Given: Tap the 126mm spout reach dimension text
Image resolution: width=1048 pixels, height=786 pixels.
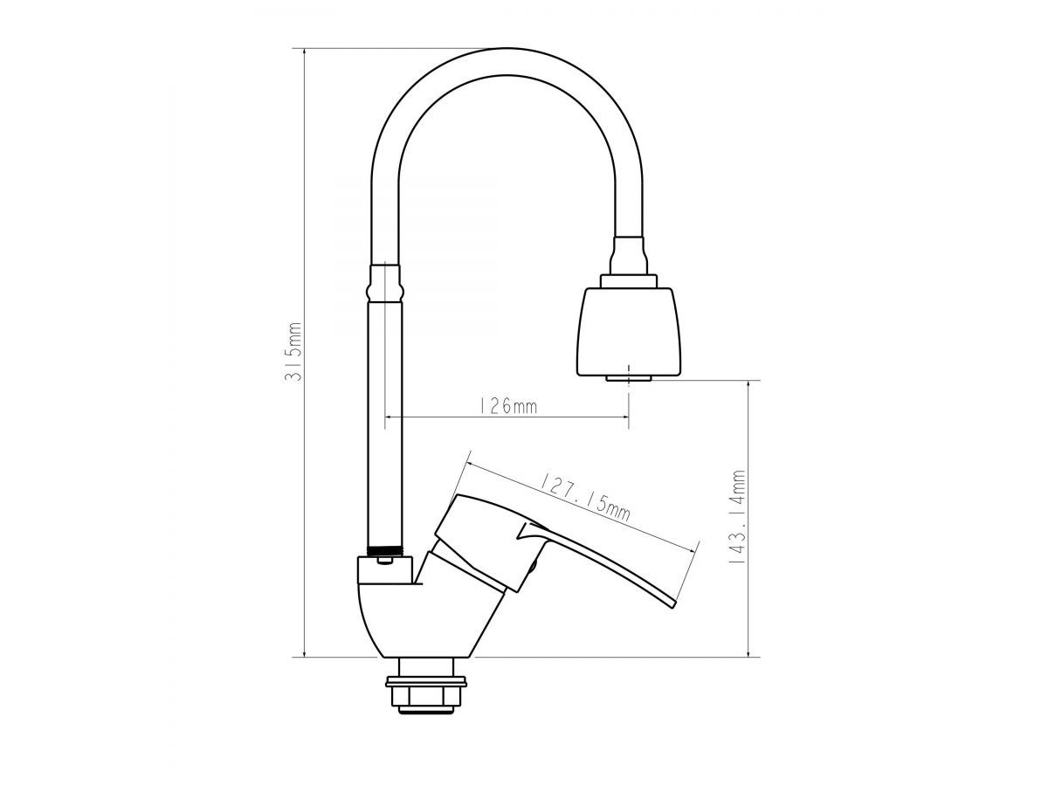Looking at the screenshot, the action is (x=507, y=407).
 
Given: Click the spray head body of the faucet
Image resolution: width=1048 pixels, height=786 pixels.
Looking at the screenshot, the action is (x=629, y=331).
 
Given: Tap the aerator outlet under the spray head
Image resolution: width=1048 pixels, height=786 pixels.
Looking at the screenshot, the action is (x=629, y=378).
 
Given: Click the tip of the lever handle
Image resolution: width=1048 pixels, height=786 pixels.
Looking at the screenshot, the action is (x=673, y=607).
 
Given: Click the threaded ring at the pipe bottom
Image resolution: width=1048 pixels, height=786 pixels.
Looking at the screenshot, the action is (x=385, y=551).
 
